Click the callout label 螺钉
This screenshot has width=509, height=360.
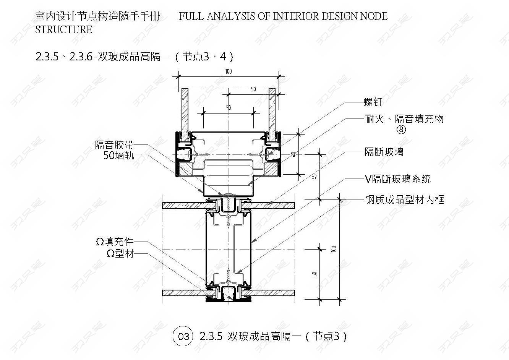[x=373, y=102]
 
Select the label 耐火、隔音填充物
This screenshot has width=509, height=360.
[x=404, y=119]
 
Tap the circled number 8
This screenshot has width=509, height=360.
[x=401, y=130]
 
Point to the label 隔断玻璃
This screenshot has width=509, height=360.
[x=384, y=152]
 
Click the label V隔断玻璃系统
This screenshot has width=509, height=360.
[x=398, y=179]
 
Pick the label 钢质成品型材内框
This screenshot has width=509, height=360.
[x=404, y=199]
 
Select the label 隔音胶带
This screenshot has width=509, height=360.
[x=115, y=145]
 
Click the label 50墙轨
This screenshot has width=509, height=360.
[x=119, y=155]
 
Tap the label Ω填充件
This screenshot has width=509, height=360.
[x=115, y=242]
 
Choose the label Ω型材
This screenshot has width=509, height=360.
[x=120, y=253]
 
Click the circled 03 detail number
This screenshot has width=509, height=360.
[x=183, y=336]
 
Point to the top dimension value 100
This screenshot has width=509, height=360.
[x=228, y=71]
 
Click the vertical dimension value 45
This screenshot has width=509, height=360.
[x=314, y=177]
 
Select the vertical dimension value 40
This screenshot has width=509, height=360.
[x=293, y=154]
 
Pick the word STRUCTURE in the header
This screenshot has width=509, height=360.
[x=64, y=29]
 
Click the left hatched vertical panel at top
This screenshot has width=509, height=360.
[x=185, y=111]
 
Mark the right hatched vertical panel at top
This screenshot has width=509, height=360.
[x=272, y=111]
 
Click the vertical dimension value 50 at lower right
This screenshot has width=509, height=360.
[x=314, y=274]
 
